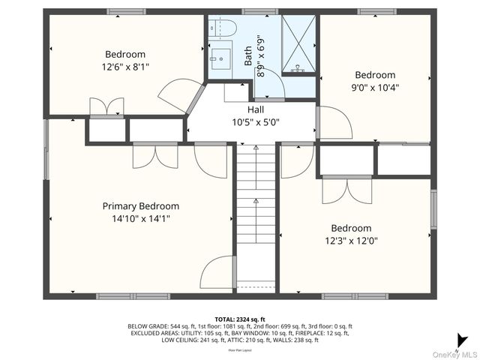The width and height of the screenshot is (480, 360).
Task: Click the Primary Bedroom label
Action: (x=141, y=206)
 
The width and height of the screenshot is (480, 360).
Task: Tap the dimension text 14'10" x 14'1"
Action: (x=141, y=219)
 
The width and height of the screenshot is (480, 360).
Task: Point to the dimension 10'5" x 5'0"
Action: (x=255, y=122)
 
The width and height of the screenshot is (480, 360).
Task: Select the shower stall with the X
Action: (x=298, y=43)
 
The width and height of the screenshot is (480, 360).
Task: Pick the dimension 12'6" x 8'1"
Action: (x=125, y=67)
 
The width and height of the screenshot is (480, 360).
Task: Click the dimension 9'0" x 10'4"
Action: (x=375, y=87)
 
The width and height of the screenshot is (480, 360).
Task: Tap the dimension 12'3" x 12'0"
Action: (x=352, y=241)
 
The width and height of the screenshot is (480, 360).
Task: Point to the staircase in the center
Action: (x=256, y=214)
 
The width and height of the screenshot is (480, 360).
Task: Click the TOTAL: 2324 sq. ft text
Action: (x=239, y=319)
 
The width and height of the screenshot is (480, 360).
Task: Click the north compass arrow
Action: (x=464, y=340)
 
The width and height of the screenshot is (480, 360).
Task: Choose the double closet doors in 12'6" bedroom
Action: (x=106, y=106)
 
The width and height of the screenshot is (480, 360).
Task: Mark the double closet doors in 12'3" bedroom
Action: (x=346, y=190)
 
